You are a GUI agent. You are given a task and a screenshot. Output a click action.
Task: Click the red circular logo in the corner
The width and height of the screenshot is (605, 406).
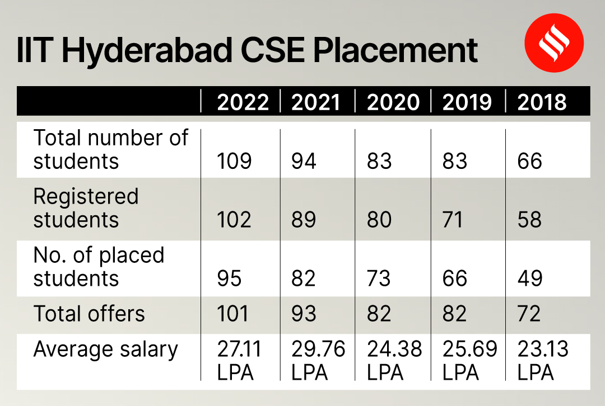553,43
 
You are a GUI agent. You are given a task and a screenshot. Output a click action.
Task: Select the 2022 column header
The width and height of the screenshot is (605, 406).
243,102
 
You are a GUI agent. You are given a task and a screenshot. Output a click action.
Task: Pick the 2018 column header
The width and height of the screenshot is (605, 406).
542,102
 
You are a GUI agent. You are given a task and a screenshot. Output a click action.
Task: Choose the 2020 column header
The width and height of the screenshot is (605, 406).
393,102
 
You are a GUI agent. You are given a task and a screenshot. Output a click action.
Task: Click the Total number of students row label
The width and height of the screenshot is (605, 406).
110,149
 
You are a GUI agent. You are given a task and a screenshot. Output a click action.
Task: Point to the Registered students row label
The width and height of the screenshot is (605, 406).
85,208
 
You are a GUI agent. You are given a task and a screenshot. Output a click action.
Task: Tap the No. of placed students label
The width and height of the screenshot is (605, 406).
99,267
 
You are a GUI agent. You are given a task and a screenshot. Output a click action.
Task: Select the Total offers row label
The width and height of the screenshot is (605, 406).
89,314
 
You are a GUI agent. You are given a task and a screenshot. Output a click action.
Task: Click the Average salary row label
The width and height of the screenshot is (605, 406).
105,350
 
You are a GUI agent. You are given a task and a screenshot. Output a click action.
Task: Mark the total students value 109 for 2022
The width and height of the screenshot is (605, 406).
234,161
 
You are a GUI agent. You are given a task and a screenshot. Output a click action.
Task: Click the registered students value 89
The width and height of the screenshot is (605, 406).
304,220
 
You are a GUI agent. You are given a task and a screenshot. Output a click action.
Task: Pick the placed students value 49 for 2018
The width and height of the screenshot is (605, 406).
529,278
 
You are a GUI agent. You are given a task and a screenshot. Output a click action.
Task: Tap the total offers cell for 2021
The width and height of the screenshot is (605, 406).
304,314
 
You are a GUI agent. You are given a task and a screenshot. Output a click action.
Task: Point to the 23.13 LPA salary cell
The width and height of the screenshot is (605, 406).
542,360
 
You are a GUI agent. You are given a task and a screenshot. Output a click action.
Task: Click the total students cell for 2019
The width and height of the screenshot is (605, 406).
454,161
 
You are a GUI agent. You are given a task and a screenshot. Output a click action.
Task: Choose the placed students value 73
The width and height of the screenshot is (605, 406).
379,278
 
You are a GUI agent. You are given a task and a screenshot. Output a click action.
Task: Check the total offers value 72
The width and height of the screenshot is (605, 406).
529,314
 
